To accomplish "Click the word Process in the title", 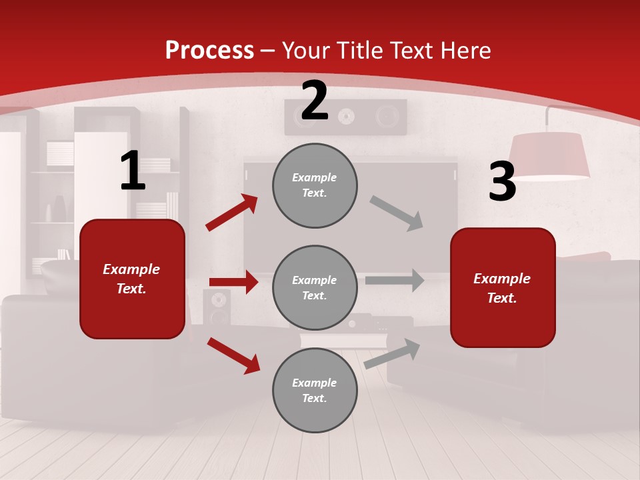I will pos(209,50).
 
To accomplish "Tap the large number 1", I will pos(133,171).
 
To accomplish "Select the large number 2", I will pos(315,101).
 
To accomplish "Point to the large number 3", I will pos(502,182).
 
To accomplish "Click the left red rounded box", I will pos(132,279).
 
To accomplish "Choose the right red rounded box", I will pos(503,288).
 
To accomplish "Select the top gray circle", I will pos(315,185).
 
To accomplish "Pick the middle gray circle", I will pos(315,288).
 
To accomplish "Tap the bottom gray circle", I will pos(315,391).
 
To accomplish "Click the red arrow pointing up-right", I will pos(232,212).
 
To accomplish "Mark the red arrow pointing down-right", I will pos(234,355).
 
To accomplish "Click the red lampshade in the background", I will pos(549,155).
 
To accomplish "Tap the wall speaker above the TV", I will pos(346,117).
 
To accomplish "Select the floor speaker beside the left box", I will pos(217,307).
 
